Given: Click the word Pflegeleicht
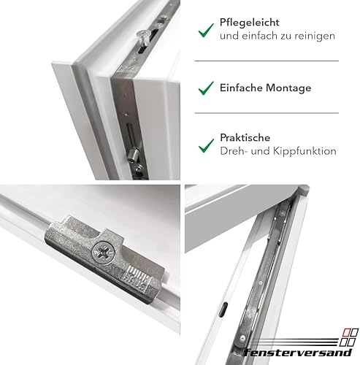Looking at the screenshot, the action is tap(249, 23).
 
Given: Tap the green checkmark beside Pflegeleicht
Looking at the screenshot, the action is tap(206, 31).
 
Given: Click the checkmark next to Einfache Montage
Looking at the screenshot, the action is tap(206, 88).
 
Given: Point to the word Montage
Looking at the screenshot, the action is tap(288, 88).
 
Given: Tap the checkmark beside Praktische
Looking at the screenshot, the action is tap(206, 145).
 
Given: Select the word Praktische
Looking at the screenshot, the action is tap(245, 137).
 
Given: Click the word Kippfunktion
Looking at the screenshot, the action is tap(305, 151).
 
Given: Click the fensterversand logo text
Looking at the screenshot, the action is tap(297, 352).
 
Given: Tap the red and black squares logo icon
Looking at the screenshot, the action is tap(349, 337).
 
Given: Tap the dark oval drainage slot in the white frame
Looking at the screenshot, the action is tap(223, 310).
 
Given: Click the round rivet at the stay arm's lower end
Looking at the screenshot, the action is tap(242, 338).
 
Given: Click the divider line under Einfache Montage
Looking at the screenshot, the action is tap(267, 113).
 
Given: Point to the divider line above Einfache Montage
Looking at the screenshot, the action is tap(267, 61).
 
